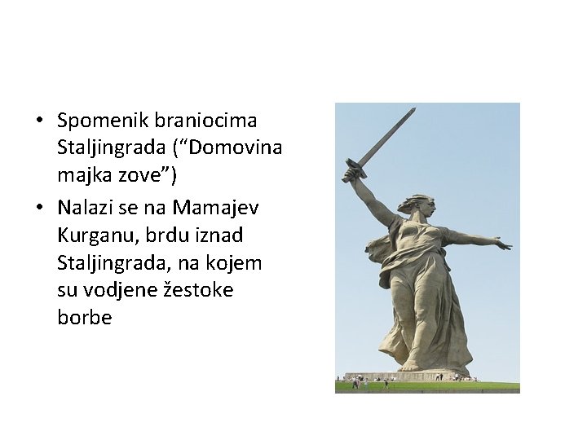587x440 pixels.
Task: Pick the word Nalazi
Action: (x=84, y=208)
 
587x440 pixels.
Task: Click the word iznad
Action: (x=217, y=235)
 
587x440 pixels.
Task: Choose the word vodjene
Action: (x=122, y=291)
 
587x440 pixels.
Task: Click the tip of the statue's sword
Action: (x=413, y=109)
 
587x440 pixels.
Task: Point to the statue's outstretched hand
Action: (x=503, y=244)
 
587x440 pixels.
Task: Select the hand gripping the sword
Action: (x=351, y=174)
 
